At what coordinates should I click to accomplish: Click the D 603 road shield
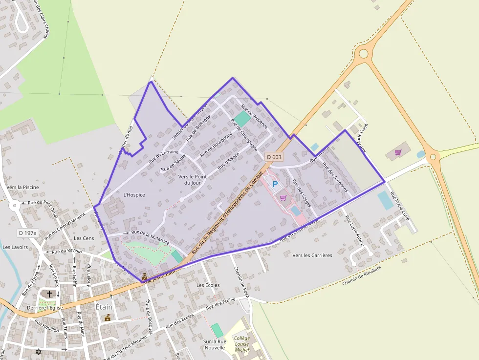tap(274, 157)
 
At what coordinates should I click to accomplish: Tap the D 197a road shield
tap(28, 233)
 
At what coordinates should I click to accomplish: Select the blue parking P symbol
tap(275, 184)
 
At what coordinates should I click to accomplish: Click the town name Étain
tap(104, 307)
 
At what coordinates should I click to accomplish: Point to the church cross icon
tap(49, 294)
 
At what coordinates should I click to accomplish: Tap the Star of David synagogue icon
tap(39, 351)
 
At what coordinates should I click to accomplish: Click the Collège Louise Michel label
tap(241, 344)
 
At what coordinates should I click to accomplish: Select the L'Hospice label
tap(134, 195)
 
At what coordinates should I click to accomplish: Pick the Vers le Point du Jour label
tap(193, 179)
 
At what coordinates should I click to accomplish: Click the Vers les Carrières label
tap(312, 255)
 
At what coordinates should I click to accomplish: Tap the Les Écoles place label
tap(208, 285)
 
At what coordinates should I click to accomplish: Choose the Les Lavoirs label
tap(15, 247)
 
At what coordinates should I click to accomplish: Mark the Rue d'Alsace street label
tap(228, 161)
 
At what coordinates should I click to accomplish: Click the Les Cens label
tap(84, 238)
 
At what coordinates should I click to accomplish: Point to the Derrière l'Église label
tap(45, 308)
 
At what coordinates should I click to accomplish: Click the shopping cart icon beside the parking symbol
tap(283, 198)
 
